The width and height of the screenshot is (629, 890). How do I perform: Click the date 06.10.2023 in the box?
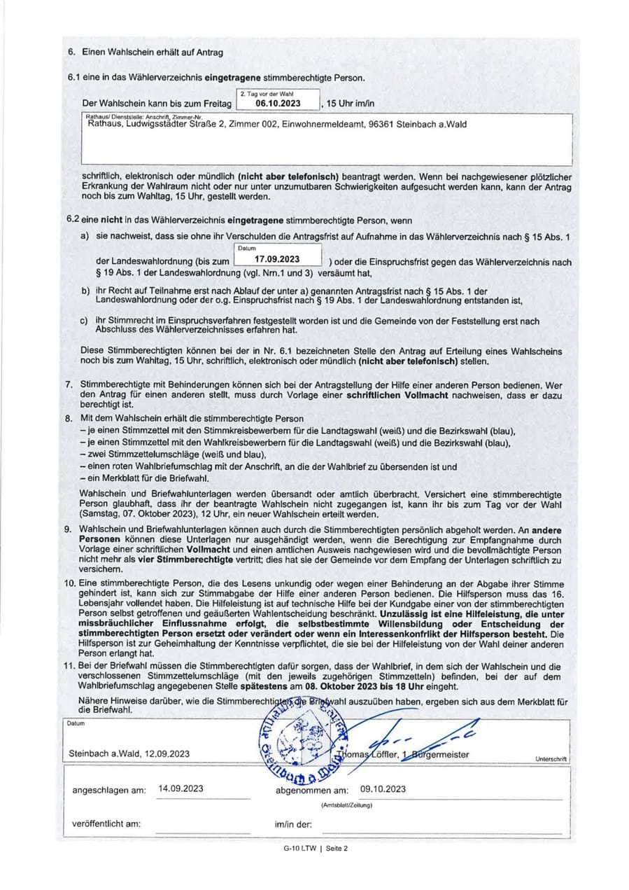278,104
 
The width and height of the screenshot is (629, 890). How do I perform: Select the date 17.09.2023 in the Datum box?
278,258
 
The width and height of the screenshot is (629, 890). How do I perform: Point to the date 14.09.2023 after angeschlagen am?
181,788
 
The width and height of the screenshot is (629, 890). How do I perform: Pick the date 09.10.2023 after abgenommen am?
383,788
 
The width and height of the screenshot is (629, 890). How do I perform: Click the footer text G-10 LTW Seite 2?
315,848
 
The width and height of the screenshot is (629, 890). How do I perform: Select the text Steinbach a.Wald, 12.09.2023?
129,754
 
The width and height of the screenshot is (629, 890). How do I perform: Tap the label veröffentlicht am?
106,823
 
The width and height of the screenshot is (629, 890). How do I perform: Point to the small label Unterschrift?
551,759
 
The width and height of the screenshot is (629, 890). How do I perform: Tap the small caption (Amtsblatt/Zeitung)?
346,805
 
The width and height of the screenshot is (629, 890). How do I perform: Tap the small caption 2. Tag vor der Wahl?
266,93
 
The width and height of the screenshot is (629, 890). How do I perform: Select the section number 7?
69,384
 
